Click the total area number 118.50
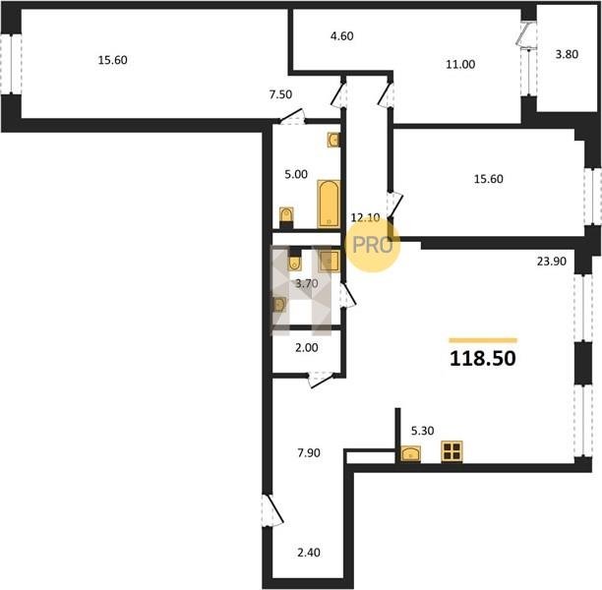tap(483, 359)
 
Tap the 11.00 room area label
tap(460, 65)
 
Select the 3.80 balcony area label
tap(567, 54)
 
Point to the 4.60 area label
tap(341, 36)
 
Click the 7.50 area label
tap(280, 94)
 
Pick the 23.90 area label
tap(552, 262)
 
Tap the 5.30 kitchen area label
tap(422, 431)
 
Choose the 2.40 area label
tap(309, 553)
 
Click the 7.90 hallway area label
tap(309, 453)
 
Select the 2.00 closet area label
tap(307, 348)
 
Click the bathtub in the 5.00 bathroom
tap(329, 204)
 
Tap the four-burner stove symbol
tap(451, 451)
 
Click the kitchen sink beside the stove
tap(411, 454)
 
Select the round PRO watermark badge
tap(373, 245)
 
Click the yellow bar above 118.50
tap(483, 340)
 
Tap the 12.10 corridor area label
tap(366, 218)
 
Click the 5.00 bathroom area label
tap(296, 175)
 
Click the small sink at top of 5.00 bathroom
tap(333, 140)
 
